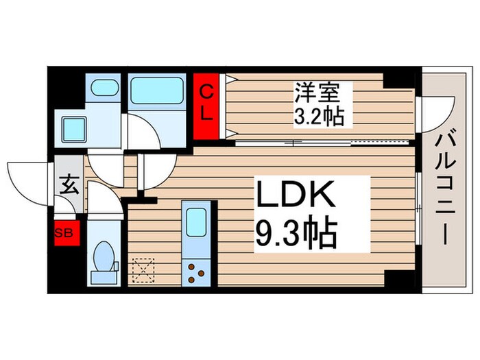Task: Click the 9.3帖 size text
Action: [x=296, y=234]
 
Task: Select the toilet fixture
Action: [x=104, y=261]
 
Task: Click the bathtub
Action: [x=157, y=90]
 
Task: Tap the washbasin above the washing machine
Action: [x=104, y=88]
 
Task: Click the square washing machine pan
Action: [x=73, y=128]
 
